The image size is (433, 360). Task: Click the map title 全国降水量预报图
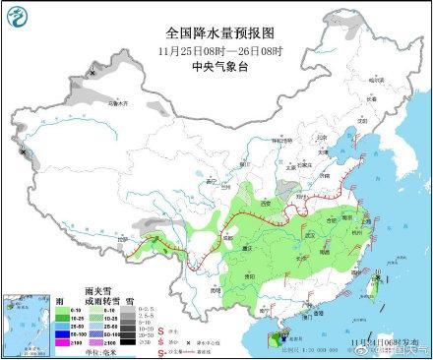pyautogui.click(x=216, y=32)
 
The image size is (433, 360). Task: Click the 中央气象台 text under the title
pyautogui.click(x=216, y=67)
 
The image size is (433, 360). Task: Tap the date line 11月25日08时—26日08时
pyautogui.click(x=216, y=50)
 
